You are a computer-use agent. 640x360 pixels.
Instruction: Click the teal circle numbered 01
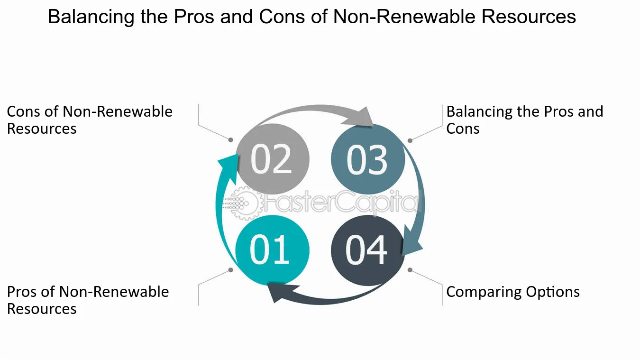point(272,250)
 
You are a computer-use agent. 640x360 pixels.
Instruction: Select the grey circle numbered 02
point(272,159)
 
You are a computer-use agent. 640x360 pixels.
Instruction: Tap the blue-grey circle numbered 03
point(368,159)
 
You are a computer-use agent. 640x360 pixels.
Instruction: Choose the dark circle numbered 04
point(367,250)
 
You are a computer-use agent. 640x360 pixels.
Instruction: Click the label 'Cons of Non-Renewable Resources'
point(90,120)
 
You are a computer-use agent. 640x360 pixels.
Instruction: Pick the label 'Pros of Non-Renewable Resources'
point(88,300)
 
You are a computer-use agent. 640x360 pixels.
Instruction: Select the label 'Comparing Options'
point(513,292)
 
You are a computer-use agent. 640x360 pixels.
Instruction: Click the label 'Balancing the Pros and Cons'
point(525,120)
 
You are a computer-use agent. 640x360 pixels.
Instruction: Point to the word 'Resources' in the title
point(529,17)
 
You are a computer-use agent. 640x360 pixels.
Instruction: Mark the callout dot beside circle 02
point(231,140)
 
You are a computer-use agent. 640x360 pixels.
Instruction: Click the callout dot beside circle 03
point(410,140)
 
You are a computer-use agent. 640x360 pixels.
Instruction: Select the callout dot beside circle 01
point(231,269)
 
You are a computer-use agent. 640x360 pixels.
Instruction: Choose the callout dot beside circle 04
point(410,269)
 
